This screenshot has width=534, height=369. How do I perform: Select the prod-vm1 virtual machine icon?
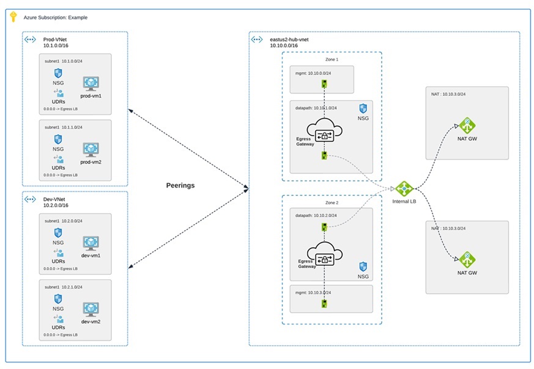tap(91, 83)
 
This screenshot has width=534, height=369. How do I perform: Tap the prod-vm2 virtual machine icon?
tap(91, 148)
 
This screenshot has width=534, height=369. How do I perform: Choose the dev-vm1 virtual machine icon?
tap(91, 243)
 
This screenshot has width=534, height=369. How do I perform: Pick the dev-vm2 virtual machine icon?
tap(91, 309)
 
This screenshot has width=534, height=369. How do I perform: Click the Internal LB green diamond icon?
tap(404, 189)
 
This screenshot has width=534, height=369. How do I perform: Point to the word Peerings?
tap(180, 185)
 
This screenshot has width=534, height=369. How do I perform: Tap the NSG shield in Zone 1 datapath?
tap(363, 108)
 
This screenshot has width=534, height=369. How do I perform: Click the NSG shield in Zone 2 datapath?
tap(363, 266)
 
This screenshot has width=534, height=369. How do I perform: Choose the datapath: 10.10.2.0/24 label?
tap(315, 215)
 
